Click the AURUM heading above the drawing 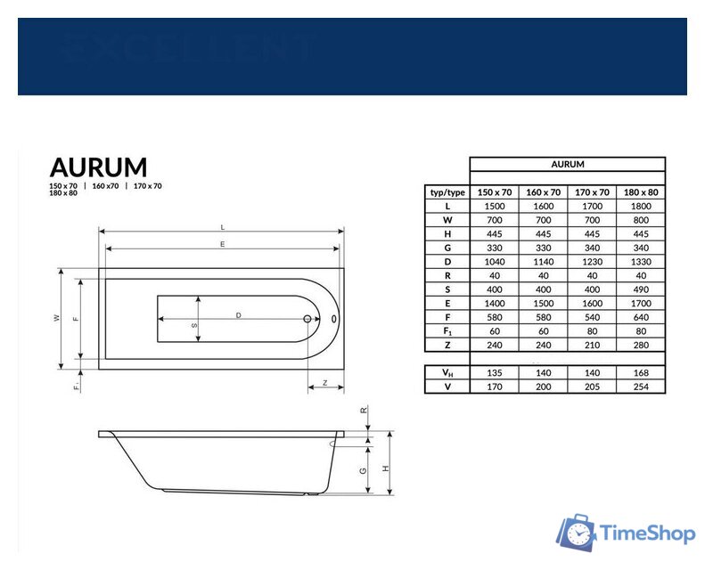(99, 167)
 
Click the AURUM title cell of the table (568, 165)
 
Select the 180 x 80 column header (641, 192)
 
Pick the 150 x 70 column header (495, 192)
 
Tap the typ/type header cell (447, 192)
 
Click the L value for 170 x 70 (592, 206)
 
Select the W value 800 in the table (641, 220)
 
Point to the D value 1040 (495, 262)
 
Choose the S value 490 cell (641, 289)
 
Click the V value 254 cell (641, 387)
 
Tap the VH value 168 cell (641, 372)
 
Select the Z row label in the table (447, 345)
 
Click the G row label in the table (447, 248)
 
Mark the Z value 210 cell (592, 345)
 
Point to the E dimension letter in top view (221, 244)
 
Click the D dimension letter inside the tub (239, 315)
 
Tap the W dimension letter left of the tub (57, 318)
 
